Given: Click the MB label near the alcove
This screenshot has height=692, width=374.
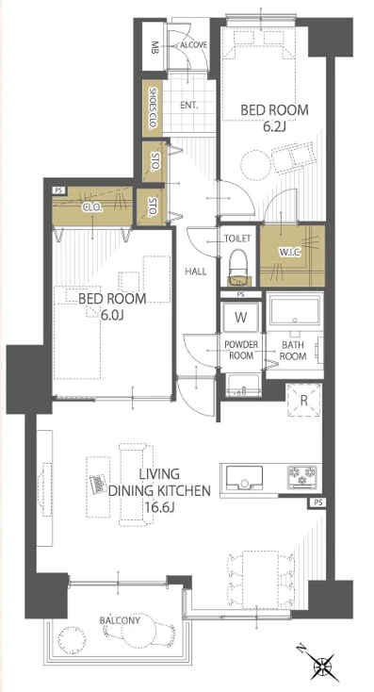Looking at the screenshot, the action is [x=154, y=46].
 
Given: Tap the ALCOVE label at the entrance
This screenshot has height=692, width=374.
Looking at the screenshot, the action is [x=194, y=45].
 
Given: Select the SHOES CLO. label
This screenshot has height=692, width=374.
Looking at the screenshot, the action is [x=153, y=107].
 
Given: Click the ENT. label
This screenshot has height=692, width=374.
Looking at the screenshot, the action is [x=189, y=106].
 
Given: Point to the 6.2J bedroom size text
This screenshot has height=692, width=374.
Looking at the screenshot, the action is [x=275, y=127].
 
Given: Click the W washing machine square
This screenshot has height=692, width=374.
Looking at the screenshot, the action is [x=241, y=317].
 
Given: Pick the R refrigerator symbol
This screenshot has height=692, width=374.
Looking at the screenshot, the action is [x=303, y=401].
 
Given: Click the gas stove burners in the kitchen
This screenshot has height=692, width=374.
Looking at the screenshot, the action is [x=303, y=476].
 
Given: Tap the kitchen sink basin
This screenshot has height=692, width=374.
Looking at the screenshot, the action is [x=244, y=477].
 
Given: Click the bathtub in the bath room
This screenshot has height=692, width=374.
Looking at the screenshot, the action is [x=295, y=311].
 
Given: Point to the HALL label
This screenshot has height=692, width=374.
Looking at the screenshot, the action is [x=196, y=272].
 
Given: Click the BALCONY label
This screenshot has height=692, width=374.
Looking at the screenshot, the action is [x=120, y=620].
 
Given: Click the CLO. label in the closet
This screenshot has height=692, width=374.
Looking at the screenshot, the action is [x=93, y=207].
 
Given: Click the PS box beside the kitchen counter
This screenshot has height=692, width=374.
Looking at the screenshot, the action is [x=317, y=502].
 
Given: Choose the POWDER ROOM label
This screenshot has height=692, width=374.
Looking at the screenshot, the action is [x=241, y=350].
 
